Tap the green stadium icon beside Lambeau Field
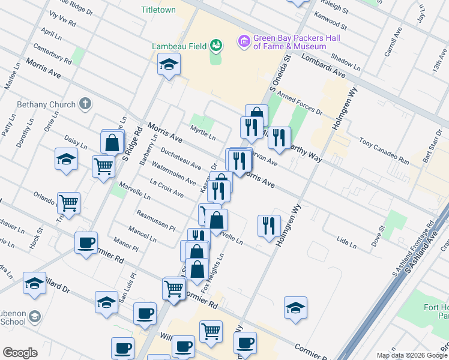[215, 45]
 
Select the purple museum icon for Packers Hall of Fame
[244, 41]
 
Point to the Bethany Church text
[47, 104]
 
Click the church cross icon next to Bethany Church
[85, 104]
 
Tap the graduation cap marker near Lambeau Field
[169, 64]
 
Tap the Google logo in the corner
[20, 353]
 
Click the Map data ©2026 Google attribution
[412, 355]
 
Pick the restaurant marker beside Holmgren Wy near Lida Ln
[268, 226]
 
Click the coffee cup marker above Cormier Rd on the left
[86, 243]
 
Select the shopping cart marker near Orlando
[69, 203]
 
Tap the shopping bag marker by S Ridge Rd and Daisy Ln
[112, 143]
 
